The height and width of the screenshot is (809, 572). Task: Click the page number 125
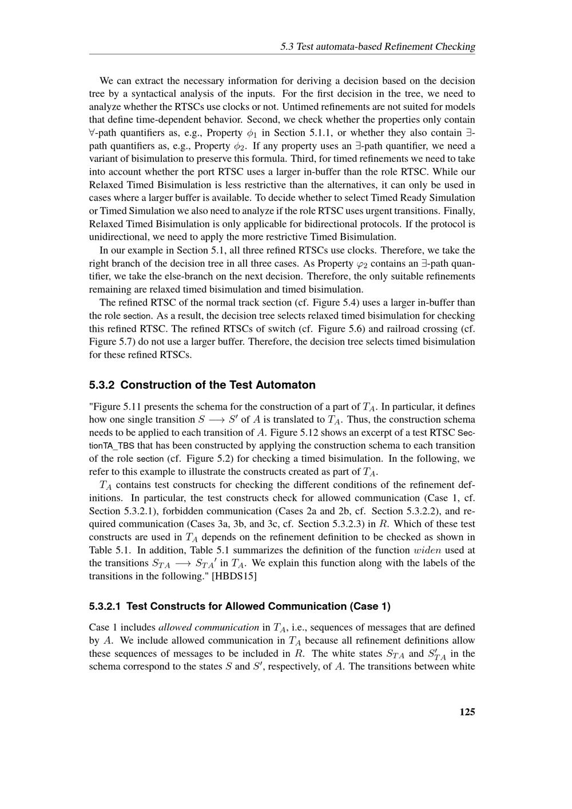tap(467, 712)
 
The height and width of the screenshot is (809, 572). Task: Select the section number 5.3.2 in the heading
tap(102, 385)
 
